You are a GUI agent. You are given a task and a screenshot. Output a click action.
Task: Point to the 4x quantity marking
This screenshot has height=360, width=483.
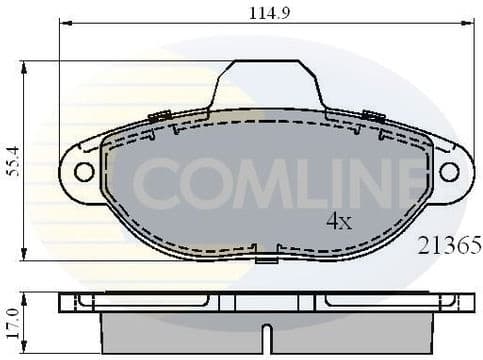338,221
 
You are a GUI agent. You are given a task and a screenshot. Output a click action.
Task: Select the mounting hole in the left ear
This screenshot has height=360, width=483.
84,171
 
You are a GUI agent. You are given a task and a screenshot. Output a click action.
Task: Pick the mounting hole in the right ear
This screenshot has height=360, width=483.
449,171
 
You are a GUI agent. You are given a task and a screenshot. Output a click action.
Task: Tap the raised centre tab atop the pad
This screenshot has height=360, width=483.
266,82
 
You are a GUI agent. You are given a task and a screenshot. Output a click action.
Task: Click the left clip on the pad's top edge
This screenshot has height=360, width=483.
159,117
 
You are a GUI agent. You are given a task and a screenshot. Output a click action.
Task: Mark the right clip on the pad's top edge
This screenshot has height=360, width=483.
374,117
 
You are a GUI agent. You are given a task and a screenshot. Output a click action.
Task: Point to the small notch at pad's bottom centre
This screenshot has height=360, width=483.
266,258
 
